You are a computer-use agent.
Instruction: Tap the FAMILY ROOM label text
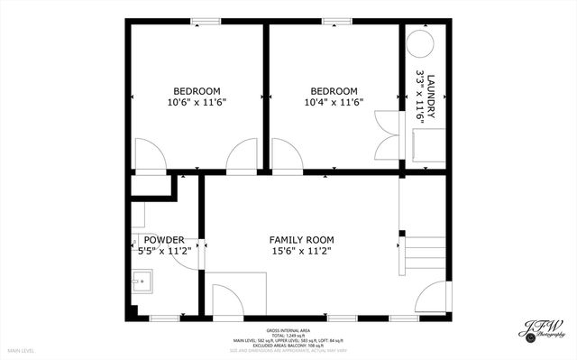point(301,239)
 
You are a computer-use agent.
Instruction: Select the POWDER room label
point(164,239)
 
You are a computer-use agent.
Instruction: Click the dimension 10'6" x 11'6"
point(197,103)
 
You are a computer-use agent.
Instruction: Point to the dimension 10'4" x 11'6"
point(334,103)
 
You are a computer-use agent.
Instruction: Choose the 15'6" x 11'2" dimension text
point(301,252)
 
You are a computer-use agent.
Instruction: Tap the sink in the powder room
point(141,286)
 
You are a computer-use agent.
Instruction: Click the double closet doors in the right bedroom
point(386,134)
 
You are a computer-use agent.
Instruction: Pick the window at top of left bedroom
point(206,21)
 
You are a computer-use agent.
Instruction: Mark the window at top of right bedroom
point(336,21)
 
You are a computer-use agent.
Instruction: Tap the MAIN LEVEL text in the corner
point(21,350)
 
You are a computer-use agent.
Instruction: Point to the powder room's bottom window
point(163,318)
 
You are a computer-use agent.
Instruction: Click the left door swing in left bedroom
point(150,153)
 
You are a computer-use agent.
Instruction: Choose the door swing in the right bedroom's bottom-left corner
point(286,154)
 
